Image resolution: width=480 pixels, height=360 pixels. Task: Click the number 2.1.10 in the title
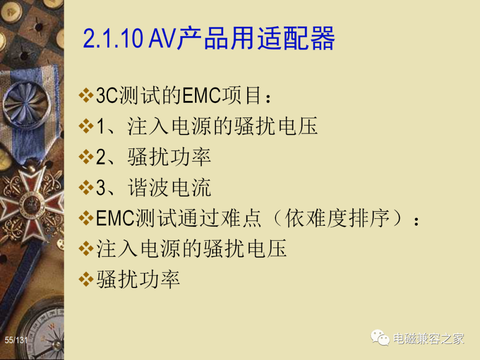pyautogui.click(x=112, y=39)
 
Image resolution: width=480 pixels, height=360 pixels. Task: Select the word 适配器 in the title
pyautogui.click(x=296, y=38)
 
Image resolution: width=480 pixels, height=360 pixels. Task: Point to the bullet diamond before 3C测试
pyautogui.click(x=86, y=95)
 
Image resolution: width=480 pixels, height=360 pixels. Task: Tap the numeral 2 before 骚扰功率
pyautogui.click(x=101, y=157)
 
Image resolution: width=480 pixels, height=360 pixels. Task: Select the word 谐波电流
pyautogui.click(x=169, y=188)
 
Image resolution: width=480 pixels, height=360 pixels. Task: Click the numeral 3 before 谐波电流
pyautogui.click(x=101, y=188)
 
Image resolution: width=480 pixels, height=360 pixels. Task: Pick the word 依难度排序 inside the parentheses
pyautogui.click(x=337, y=218)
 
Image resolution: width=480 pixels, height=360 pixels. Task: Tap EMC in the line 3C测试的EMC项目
pyautogui.click(x=201, y=95)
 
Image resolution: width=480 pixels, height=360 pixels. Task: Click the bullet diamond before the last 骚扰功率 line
pyautogui.click(x=86, y=280)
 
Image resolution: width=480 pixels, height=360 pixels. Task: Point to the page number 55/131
pyautogui.click(x=16, y=340)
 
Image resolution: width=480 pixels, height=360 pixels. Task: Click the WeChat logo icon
pyautogui.click(x=380, y=338)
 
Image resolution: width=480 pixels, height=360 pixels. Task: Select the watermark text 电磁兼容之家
pyautogui.click(x=428, y=339)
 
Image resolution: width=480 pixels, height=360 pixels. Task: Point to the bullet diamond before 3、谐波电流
pyautogui.click(x=86, y=188)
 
